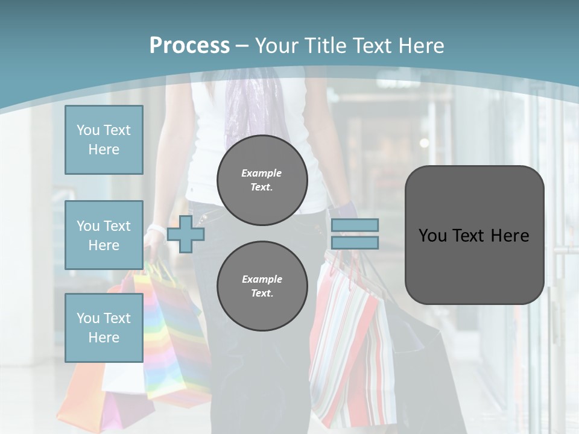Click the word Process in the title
click(x=189, y=46)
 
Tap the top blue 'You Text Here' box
click(x=104, y=140)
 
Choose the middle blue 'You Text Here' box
click(x=104, y=235)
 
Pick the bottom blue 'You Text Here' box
click(x=104, y=327)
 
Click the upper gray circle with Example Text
click(x=262, y=180)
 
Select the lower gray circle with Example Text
click(x=262, y=286)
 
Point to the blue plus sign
click(x=185, y=234)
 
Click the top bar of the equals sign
click(x=355, y=225)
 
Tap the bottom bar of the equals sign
click(x=355, y=242)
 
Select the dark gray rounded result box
click(x=474, y=235)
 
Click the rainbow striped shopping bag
click(x=172, y=338)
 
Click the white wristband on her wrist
click(x=156, y=229)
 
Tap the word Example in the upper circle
click(x=262, y=173)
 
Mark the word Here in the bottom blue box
click(x=104, y=338)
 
